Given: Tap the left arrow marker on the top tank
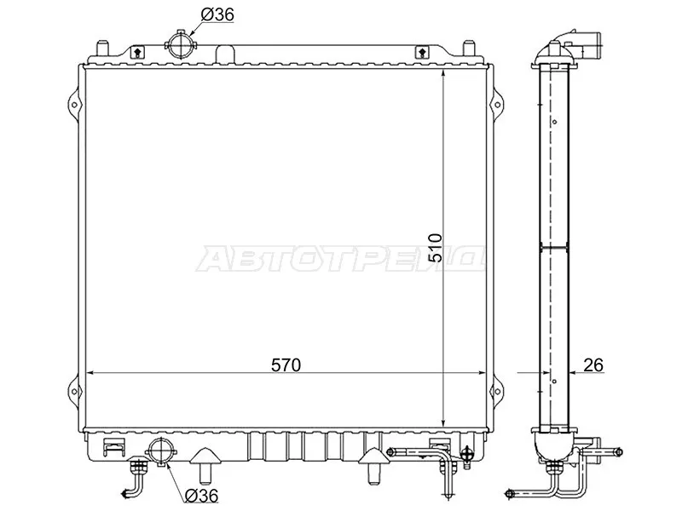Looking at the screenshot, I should coord(137,53).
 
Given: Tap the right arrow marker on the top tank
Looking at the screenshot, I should coord(420,53).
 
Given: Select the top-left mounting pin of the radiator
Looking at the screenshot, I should coord(102,48).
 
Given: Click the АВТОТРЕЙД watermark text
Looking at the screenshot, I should coord(341,259).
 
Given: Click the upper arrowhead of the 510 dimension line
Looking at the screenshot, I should coord(444,75).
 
